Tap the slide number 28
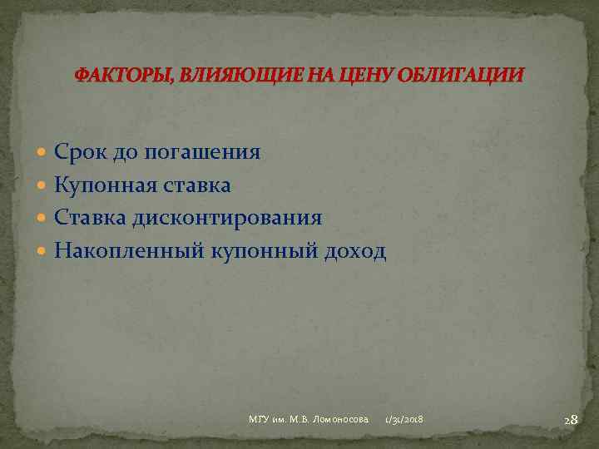[571, 420]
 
